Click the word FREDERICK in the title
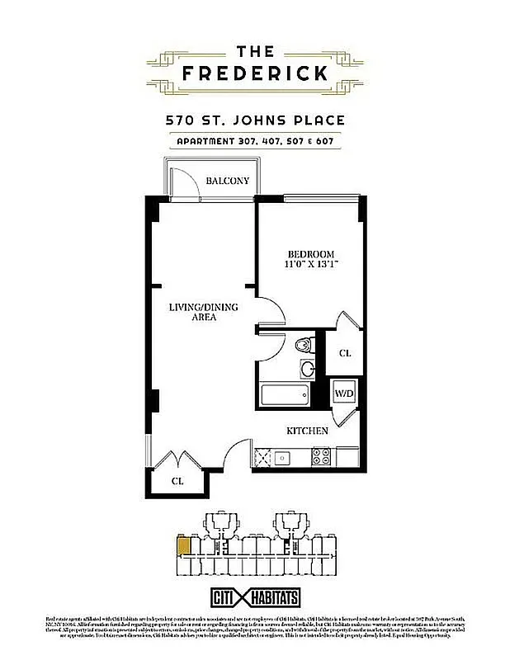[255, 73]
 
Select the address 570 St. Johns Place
[255, 120]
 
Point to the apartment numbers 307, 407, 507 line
[255, 140]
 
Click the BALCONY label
[227, 181]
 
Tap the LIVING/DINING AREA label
[203, 312]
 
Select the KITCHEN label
[307, 431]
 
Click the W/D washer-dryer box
[343, 393]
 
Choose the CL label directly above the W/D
[345, 353]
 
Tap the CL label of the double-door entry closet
[177, 480]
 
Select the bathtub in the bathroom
[285, 394]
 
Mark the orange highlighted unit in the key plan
[183, 544]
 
